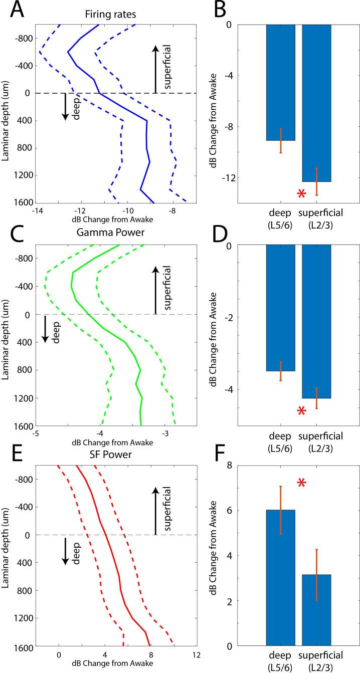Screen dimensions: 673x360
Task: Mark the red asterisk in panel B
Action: pyautogui.click(x=301, y=194)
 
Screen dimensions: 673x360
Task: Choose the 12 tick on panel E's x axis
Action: pyautogui.click(x=196, y=653)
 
